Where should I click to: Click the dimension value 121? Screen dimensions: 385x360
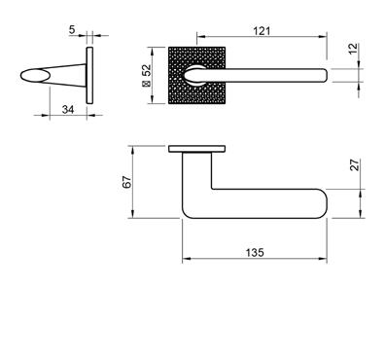[x=262, y=31]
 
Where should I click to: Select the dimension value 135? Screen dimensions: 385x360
[x=255, y=252]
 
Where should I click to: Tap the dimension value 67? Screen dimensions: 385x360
[x=127, y=182]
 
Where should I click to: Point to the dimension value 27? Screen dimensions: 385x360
[x=356, y=164]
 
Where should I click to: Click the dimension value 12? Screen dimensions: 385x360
[x=354, y=49]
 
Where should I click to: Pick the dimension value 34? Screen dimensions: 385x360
[x=68, y=110]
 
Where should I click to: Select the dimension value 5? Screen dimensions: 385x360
[x=72, y=30]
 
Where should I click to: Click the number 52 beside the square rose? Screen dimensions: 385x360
[x=147, y=70]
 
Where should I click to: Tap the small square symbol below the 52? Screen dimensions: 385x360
[x=147, y=84]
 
